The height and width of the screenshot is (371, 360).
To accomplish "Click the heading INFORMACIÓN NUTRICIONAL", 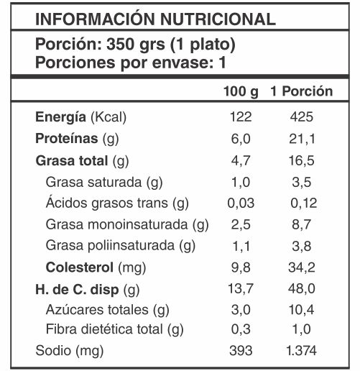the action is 155,19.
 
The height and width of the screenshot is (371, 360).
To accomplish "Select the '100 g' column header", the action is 241,92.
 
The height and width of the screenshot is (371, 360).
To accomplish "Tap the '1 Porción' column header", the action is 302,91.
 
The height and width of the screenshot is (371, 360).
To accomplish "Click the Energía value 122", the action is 241,117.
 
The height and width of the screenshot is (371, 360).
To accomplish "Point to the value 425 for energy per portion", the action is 302,117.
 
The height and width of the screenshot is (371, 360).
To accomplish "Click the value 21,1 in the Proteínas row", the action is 302,139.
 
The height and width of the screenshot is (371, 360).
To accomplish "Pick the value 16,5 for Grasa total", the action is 301,160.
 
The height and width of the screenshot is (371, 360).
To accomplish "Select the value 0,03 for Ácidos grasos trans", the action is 241,203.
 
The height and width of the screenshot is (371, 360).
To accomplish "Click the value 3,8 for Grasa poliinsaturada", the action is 302,246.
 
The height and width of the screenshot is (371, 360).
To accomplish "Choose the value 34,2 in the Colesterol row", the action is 302,267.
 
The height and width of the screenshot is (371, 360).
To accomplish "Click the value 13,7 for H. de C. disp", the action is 241,288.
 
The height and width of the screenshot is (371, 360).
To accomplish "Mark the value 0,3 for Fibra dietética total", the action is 241,329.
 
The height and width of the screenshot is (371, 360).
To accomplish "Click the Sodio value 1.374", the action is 301,351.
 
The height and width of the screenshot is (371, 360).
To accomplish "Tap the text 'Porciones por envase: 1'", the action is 131,63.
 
